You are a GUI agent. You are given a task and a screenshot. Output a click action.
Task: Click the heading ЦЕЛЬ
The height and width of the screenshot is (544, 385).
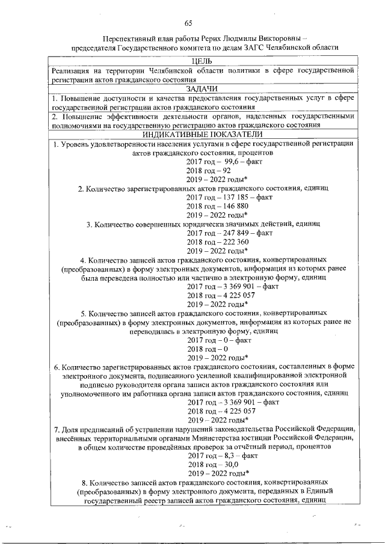pyautogui.click(x=202, y=61)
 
